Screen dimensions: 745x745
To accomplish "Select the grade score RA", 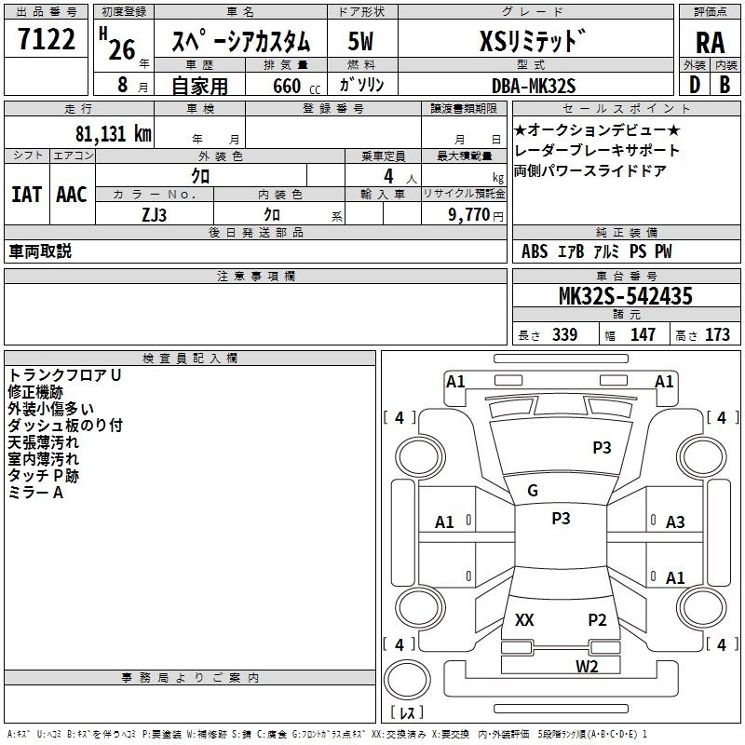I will (710, 42).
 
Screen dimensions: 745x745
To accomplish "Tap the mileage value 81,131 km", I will (114, 133).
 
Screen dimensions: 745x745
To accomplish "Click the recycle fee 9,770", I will (469, 214).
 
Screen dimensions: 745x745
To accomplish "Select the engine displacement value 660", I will (287, 86).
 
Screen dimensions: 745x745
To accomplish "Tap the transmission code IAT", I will (27, 195).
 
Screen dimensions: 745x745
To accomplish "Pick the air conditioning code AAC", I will (72, 195).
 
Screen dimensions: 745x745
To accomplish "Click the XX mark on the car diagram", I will (524, 619).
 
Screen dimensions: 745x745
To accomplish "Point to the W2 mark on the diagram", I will (586, 666).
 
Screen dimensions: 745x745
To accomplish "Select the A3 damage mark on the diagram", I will (675, 522).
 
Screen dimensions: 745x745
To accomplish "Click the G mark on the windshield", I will (533, 491).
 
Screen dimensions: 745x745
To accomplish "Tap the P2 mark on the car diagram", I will (597, 619).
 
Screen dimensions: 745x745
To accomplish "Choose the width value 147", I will (643, 335).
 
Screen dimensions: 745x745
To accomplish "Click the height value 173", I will (717, 335).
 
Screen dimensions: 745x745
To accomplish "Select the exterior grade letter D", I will (694, 86).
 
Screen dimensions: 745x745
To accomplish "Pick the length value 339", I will (564, 335).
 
